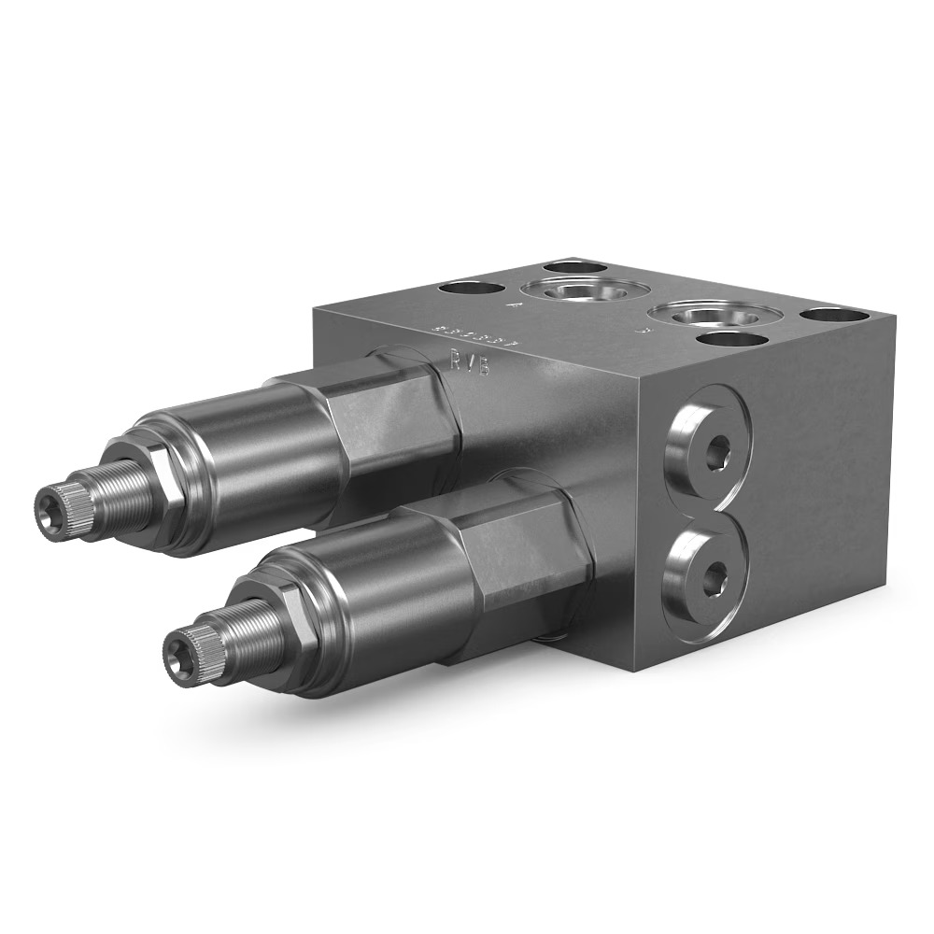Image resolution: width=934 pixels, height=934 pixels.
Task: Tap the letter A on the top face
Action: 512,304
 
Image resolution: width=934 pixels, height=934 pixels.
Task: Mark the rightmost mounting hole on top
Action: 829,314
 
